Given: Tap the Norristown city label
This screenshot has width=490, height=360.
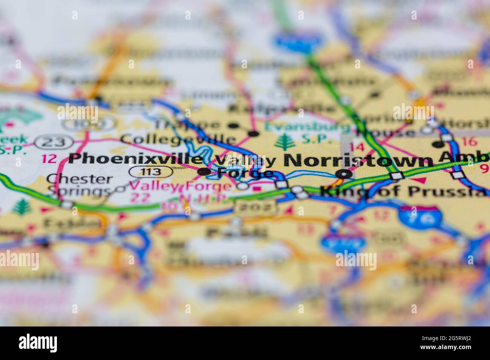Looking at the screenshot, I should (358, 160).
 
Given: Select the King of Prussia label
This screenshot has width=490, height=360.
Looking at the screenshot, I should (403, 191).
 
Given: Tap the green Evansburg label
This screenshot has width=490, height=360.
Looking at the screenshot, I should (298, 127).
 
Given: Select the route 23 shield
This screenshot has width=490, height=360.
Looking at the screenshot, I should (55, 142).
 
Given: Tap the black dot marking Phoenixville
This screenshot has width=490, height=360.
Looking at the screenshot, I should (204, 172).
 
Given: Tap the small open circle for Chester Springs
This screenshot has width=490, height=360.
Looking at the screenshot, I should (120, 189).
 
